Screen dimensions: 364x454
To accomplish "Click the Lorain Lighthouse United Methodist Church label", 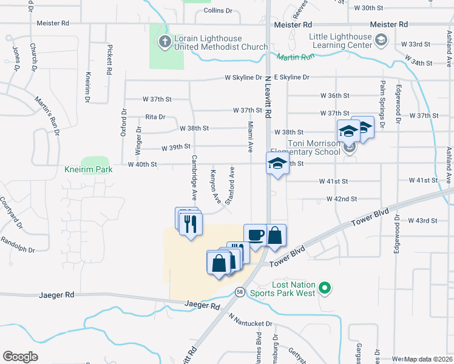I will click(221, 42).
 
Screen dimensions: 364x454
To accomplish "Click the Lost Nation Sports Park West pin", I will click(325, 288).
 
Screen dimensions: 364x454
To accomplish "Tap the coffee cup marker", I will click(256, 234).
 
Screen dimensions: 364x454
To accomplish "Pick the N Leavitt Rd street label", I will click(268, 99).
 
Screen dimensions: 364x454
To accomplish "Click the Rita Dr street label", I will click(155, 117).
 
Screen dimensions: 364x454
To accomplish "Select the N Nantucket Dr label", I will click(251, 320).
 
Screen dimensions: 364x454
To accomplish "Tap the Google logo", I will click(20, 357).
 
